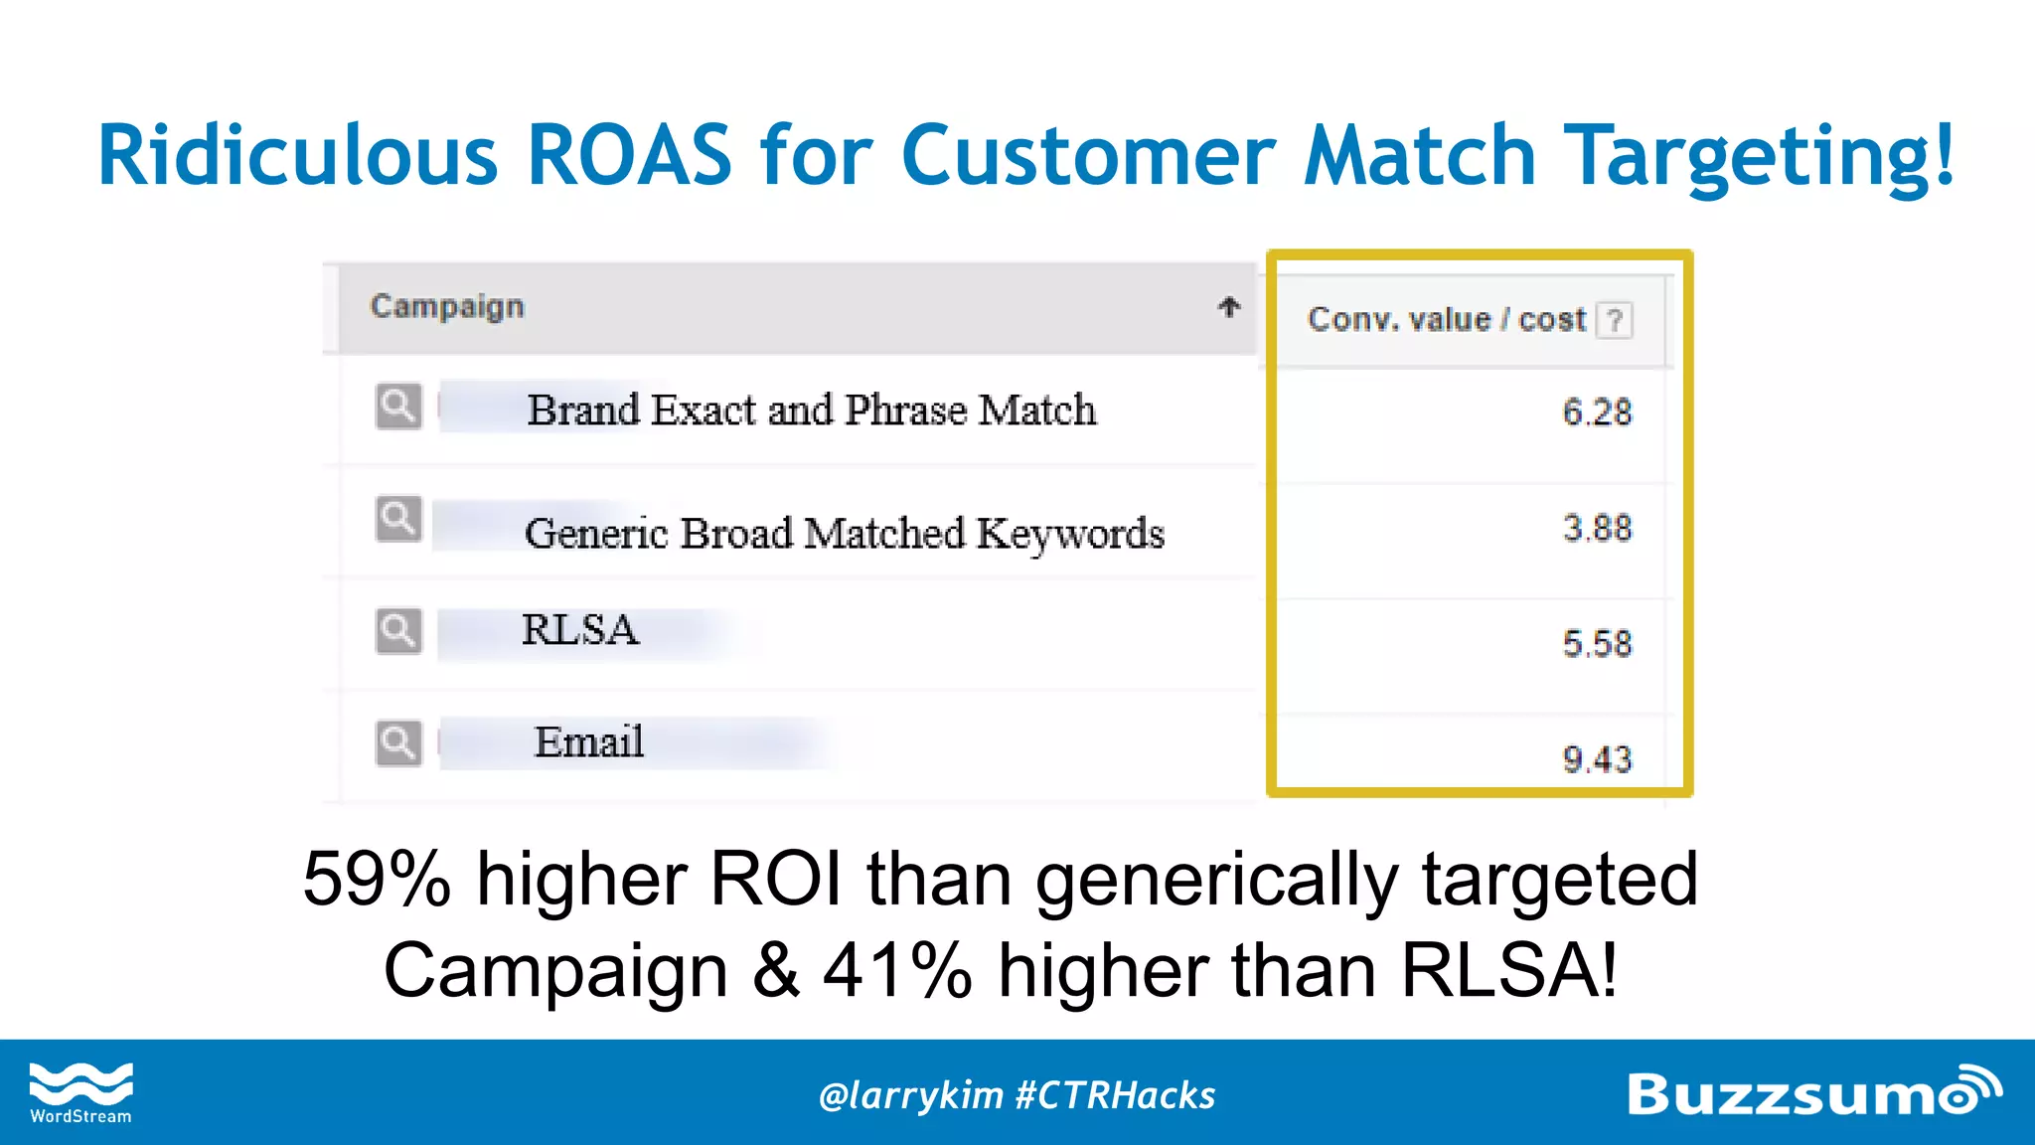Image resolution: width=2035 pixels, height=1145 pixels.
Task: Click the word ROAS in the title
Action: tap(629, 156)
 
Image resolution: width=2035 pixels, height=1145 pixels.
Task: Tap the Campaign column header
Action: tap(447, 307)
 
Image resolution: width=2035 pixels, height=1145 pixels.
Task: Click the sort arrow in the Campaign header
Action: tap(1229, 307)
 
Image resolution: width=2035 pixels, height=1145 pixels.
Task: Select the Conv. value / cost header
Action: tap(1446, 320)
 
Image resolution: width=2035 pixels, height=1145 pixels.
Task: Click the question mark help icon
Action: tap(1615, 321)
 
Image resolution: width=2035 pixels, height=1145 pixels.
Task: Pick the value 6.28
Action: tap(1597, 411)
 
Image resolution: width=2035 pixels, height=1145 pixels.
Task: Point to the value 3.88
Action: tap(1597, 528)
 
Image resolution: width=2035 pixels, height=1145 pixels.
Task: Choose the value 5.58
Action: tap(1597, 643)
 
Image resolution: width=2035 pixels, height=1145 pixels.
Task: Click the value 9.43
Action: tap(1597, 759)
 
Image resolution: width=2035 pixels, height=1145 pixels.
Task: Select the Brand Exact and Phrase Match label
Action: tap(811, 410)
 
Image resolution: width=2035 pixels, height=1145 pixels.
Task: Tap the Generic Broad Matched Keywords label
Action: tap(844, 534)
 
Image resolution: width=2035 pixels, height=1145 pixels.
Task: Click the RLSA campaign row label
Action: tap(580, 630)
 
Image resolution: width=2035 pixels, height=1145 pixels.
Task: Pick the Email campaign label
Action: tap(589, 742)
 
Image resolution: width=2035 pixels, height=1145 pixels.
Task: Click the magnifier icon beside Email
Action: tap(398, 743)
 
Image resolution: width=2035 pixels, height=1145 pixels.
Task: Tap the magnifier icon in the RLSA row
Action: tap(398, 631)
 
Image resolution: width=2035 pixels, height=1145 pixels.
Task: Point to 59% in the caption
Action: tap(377, 880)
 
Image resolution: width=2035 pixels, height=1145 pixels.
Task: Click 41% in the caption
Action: tap(897, 971)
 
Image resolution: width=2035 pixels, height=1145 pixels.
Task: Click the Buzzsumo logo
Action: tap(1813, 1092)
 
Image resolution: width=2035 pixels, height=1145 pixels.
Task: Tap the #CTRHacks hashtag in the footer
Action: tap(1116, 1095)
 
